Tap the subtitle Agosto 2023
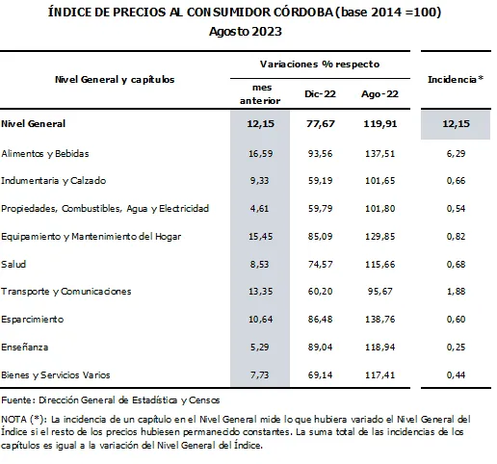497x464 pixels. pos(248,31)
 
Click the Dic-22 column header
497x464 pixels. pos(315,95)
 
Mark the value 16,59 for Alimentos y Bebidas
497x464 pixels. pos(259,152)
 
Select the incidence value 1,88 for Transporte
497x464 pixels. pos(455,290)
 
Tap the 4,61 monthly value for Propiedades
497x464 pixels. pos(261,207)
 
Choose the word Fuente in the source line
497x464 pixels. pos(16,399)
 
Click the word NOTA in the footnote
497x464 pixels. pos(14,419)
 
